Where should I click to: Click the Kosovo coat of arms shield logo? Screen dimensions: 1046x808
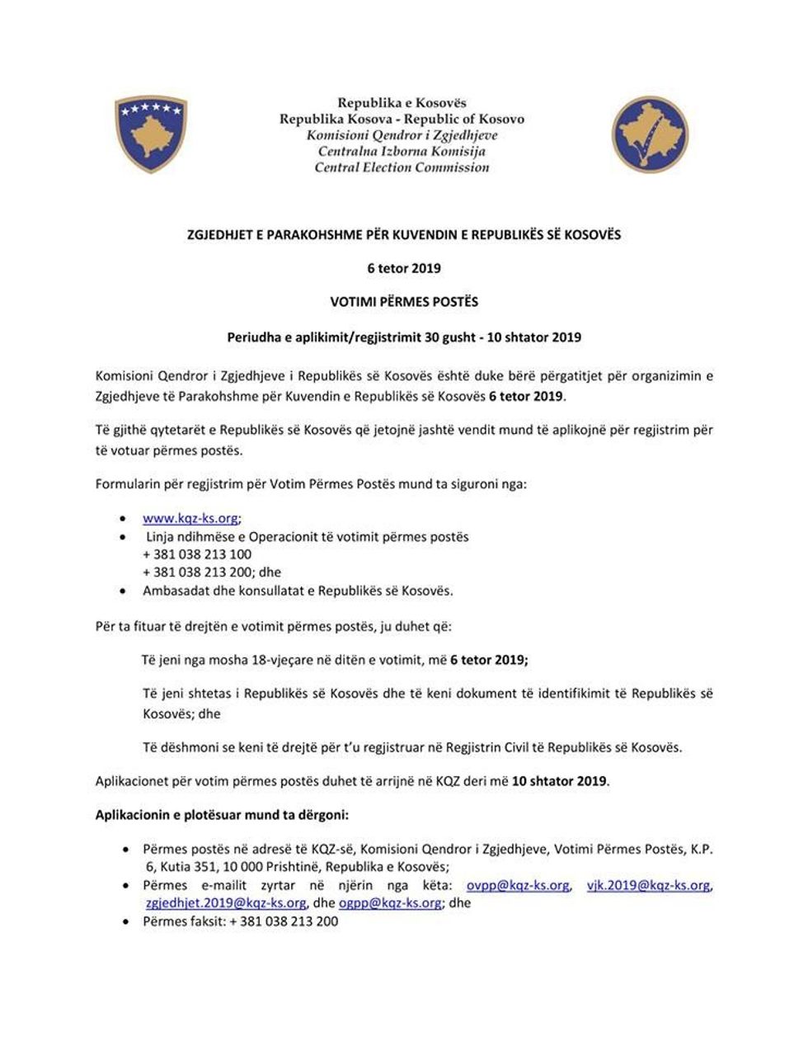[150, 134]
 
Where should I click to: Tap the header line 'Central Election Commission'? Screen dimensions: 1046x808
[402, 167]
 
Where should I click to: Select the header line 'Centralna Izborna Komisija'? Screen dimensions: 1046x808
[402, 151]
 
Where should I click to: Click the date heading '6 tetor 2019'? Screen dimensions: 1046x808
[404, 268]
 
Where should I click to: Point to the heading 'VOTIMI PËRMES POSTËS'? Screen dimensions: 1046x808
[404, 302]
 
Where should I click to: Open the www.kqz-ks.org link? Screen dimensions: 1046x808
[190, 519]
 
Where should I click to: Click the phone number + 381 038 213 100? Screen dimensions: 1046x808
[197, 554]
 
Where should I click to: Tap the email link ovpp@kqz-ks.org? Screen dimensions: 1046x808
[518, 885]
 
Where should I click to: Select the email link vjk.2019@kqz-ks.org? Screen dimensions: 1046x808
[648, 885]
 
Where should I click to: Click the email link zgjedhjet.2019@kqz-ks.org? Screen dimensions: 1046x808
[226, 903]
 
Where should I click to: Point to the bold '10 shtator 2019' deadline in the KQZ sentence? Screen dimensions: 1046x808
[559, 780]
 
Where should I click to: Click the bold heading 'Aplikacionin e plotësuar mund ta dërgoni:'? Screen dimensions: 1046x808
[223, 815]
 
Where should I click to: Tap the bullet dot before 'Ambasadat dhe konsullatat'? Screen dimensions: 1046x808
[124, 591]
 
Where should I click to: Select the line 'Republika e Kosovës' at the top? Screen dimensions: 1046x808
[402, 103]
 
